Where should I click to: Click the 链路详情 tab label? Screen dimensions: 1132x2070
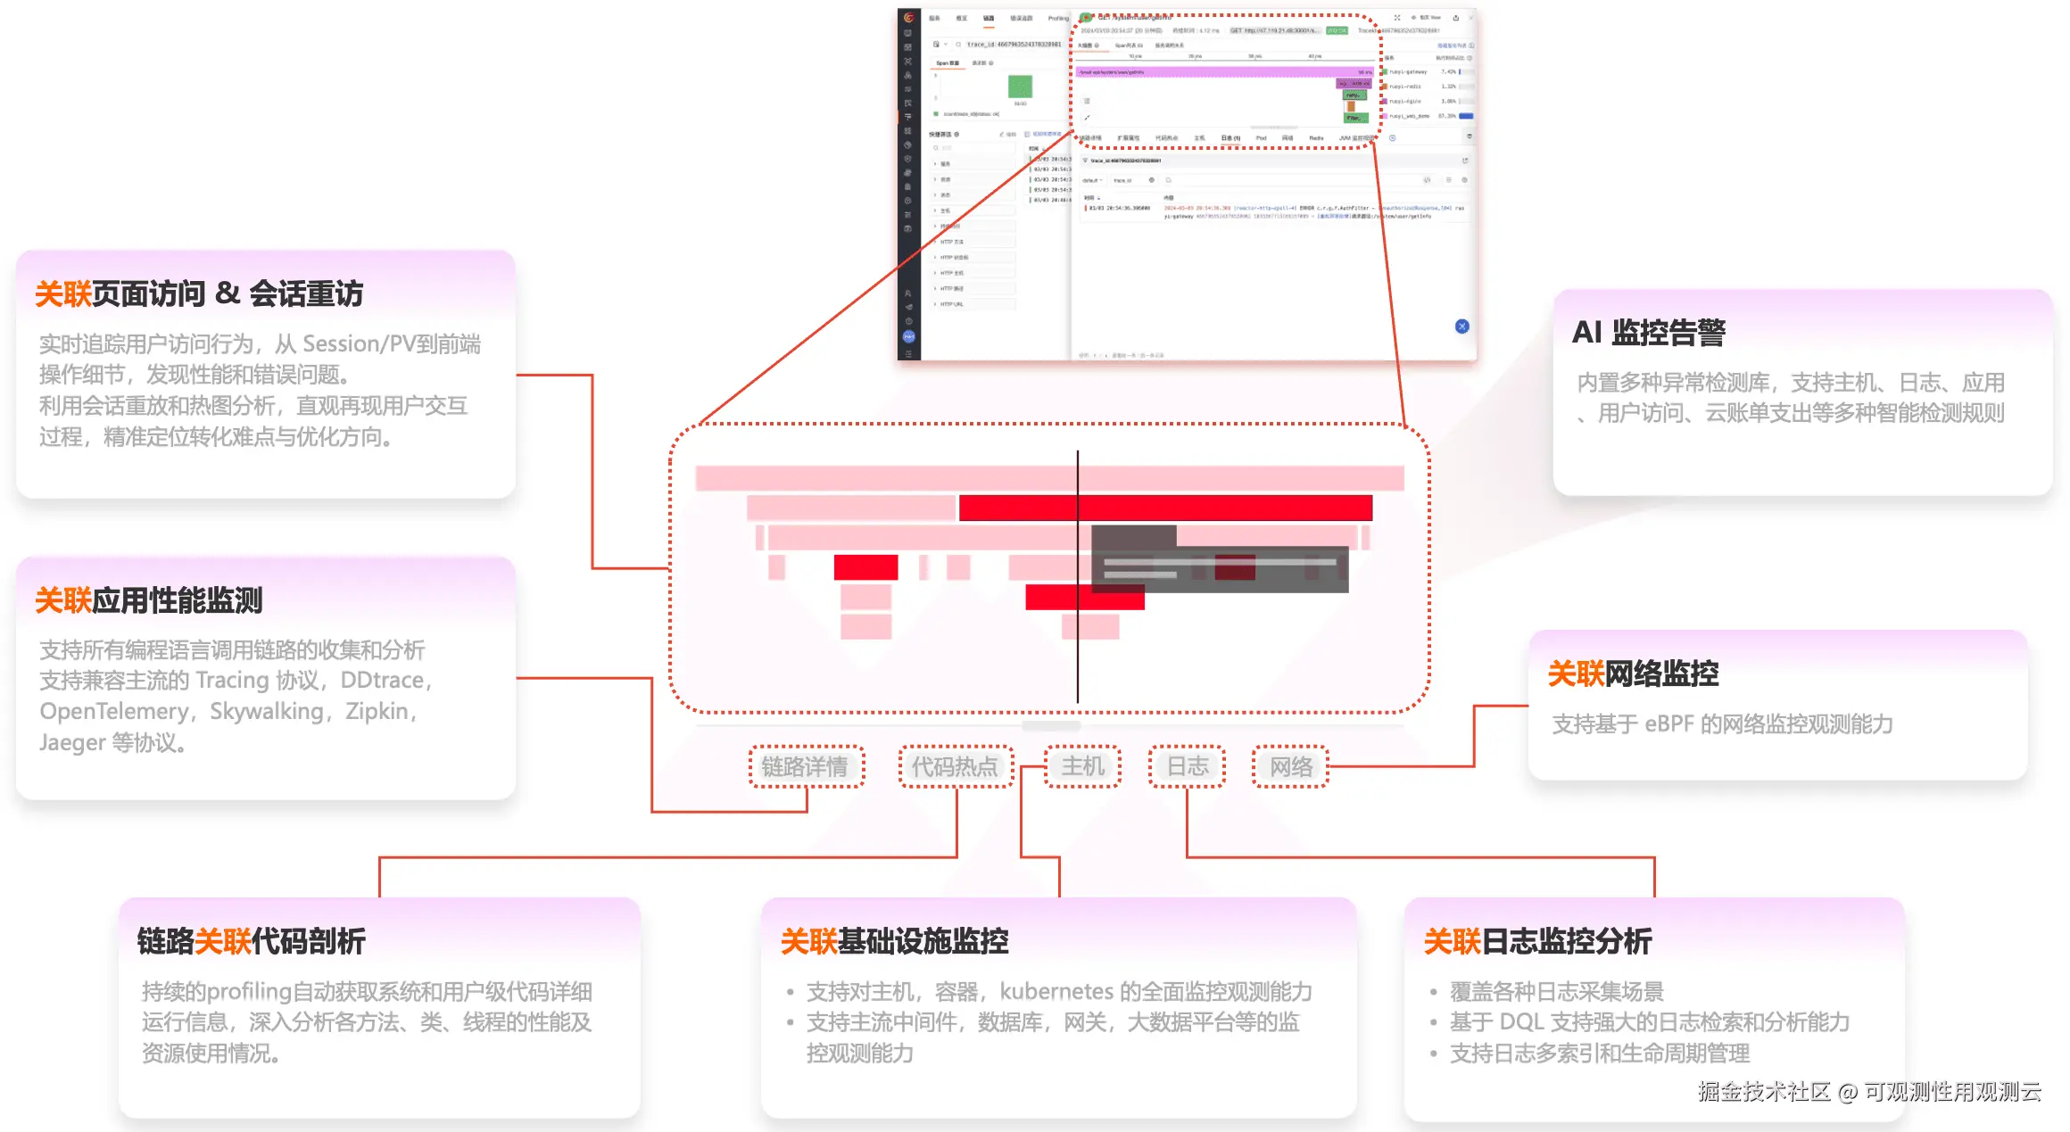click(806, 766)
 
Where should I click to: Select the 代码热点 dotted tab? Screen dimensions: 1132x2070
click(955, 766)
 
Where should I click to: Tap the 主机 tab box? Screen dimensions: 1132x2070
click(1082, 766)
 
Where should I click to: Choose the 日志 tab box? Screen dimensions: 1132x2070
click(1188, 766)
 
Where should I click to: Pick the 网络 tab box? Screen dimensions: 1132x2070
click(1291, 766)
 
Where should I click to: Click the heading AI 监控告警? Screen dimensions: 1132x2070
click(1648, 333)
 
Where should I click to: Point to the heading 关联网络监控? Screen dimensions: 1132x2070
click(1633, 673)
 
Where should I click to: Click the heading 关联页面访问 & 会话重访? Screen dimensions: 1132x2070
click(199, 293)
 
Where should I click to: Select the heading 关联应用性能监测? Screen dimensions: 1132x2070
click(149, 600)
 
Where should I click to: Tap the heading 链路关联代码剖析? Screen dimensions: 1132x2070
click(252, 941)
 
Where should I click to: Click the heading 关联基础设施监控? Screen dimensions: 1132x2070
click(894, 941)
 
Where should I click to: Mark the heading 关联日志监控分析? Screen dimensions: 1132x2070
click(1537, 941)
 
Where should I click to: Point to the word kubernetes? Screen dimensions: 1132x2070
click(1056, 992)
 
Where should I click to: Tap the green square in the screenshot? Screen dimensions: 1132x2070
click(1020, 87)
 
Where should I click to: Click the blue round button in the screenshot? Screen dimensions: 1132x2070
click(1461, 326)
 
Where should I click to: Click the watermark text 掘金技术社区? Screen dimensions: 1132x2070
click(1764, 1092)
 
